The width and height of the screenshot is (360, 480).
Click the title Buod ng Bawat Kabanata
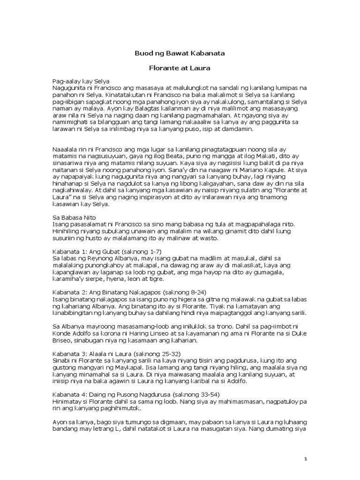pyautogui.click(x=180, y=53)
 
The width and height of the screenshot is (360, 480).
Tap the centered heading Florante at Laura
pyautogui.click(x=180, y=68)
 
